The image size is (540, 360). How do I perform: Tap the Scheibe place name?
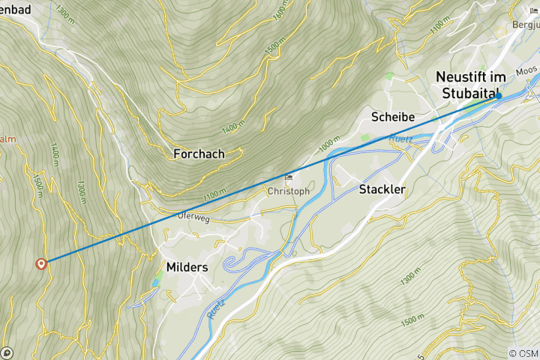394,117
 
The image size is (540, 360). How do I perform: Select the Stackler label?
382,190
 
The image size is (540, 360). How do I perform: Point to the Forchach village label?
199,154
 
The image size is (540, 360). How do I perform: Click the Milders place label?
188,267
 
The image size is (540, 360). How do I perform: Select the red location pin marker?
41,263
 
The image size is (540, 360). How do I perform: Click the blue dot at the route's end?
498,96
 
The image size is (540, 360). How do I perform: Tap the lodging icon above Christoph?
289,178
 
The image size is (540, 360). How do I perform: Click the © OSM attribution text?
523,353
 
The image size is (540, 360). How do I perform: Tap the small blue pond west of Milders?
155,281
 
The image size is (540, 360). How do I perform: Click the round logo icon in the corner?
7,352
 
